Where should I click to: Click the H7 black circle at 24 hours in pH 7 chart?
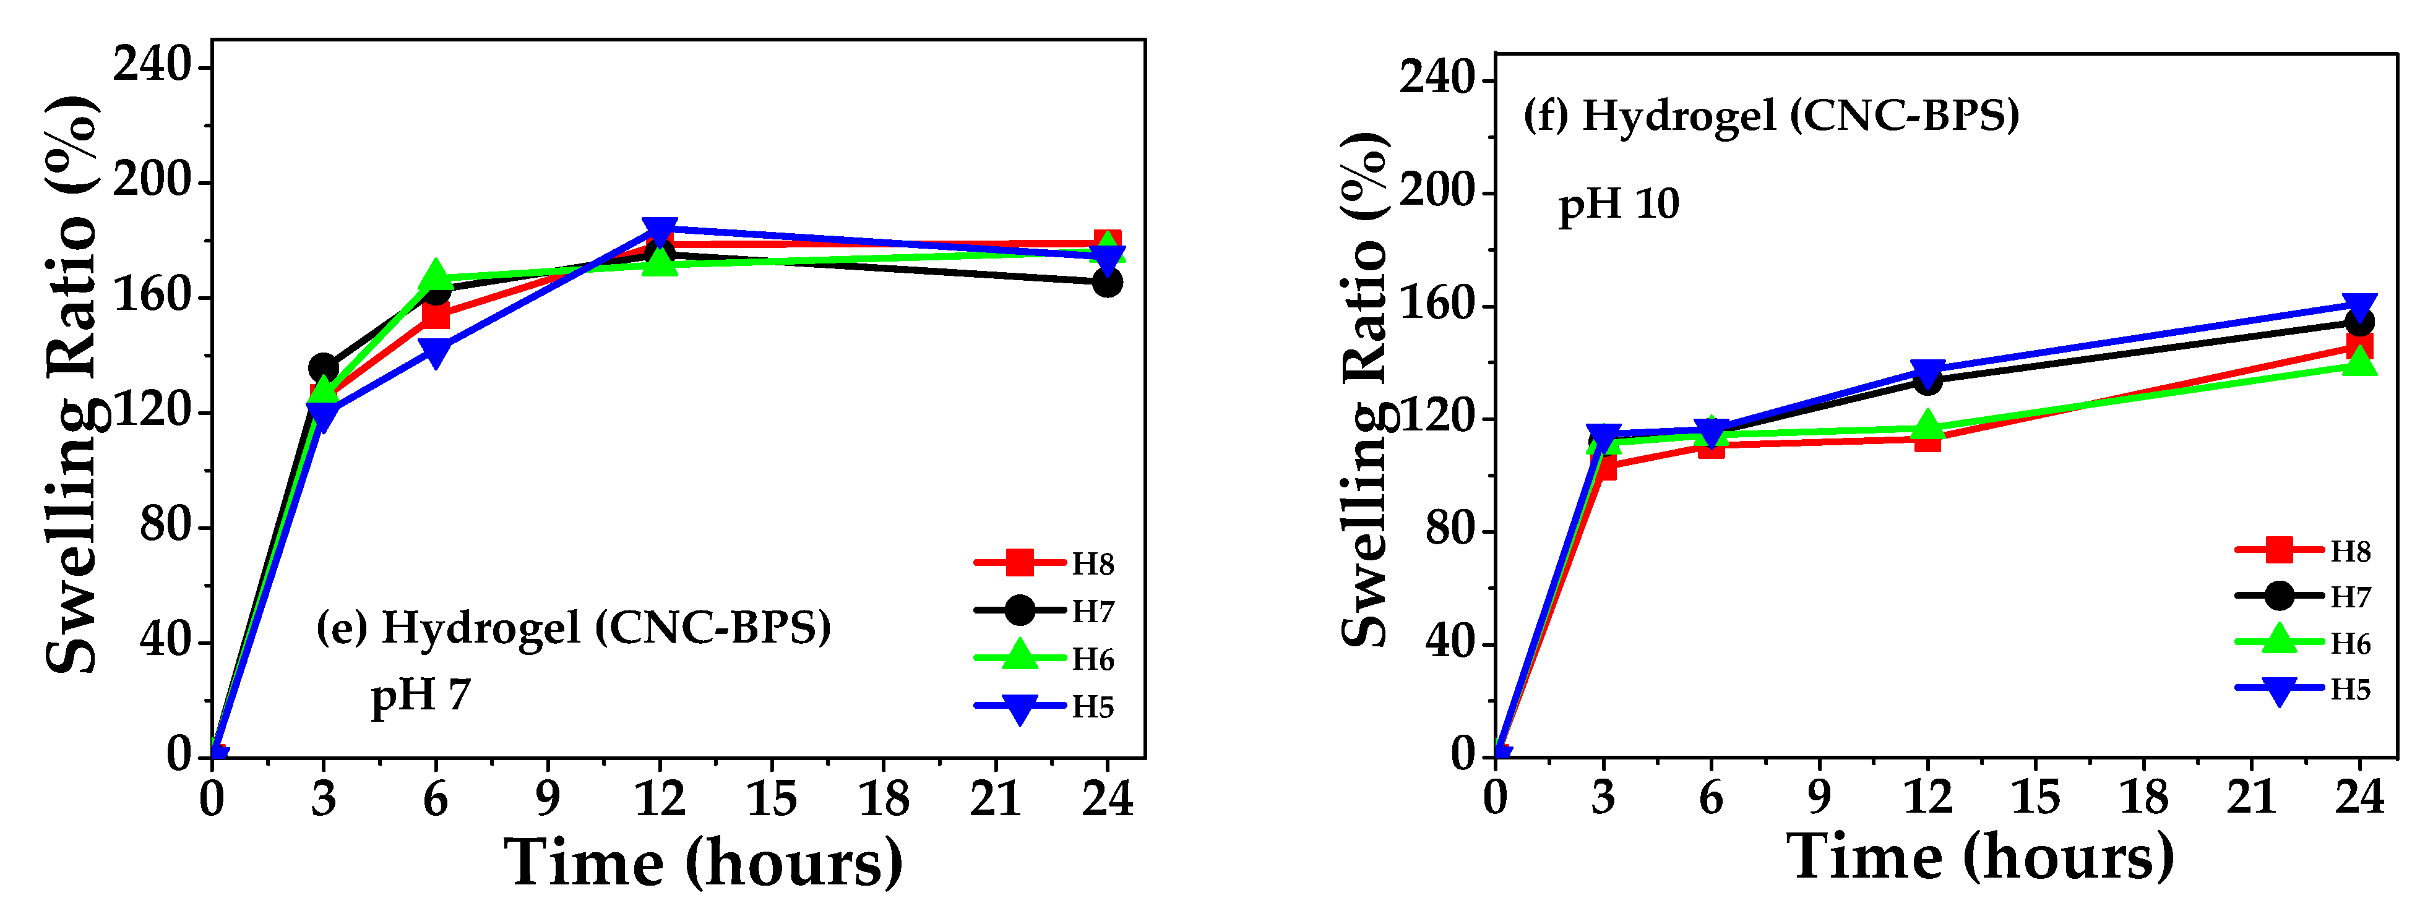[x=1106, y=282]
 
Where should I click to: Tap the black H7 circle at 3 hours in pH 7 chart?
[x=323, y=367]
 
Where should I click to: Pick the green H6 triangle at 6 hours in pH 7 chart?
[x=436, y=276]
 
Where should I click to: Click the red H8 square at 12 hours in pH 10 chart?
[x=1927, y=438]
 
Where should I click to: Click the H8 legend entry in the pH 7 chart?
[x=1044, y=563]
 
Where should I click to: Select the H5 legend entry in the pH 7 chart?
[x=1044, y=706]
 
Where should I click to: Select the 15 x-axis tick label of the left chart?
[x=771, y=799]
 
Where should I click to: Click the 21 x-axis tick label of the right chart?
[x=2252, y=797]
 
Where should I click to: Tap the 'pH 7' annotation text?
[x=420, y=696]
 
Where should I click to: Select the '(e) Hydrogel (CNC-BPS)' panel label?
[x=573, y=627]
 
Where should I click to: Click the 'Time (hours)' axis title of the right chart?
[x=1979, y=857]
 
